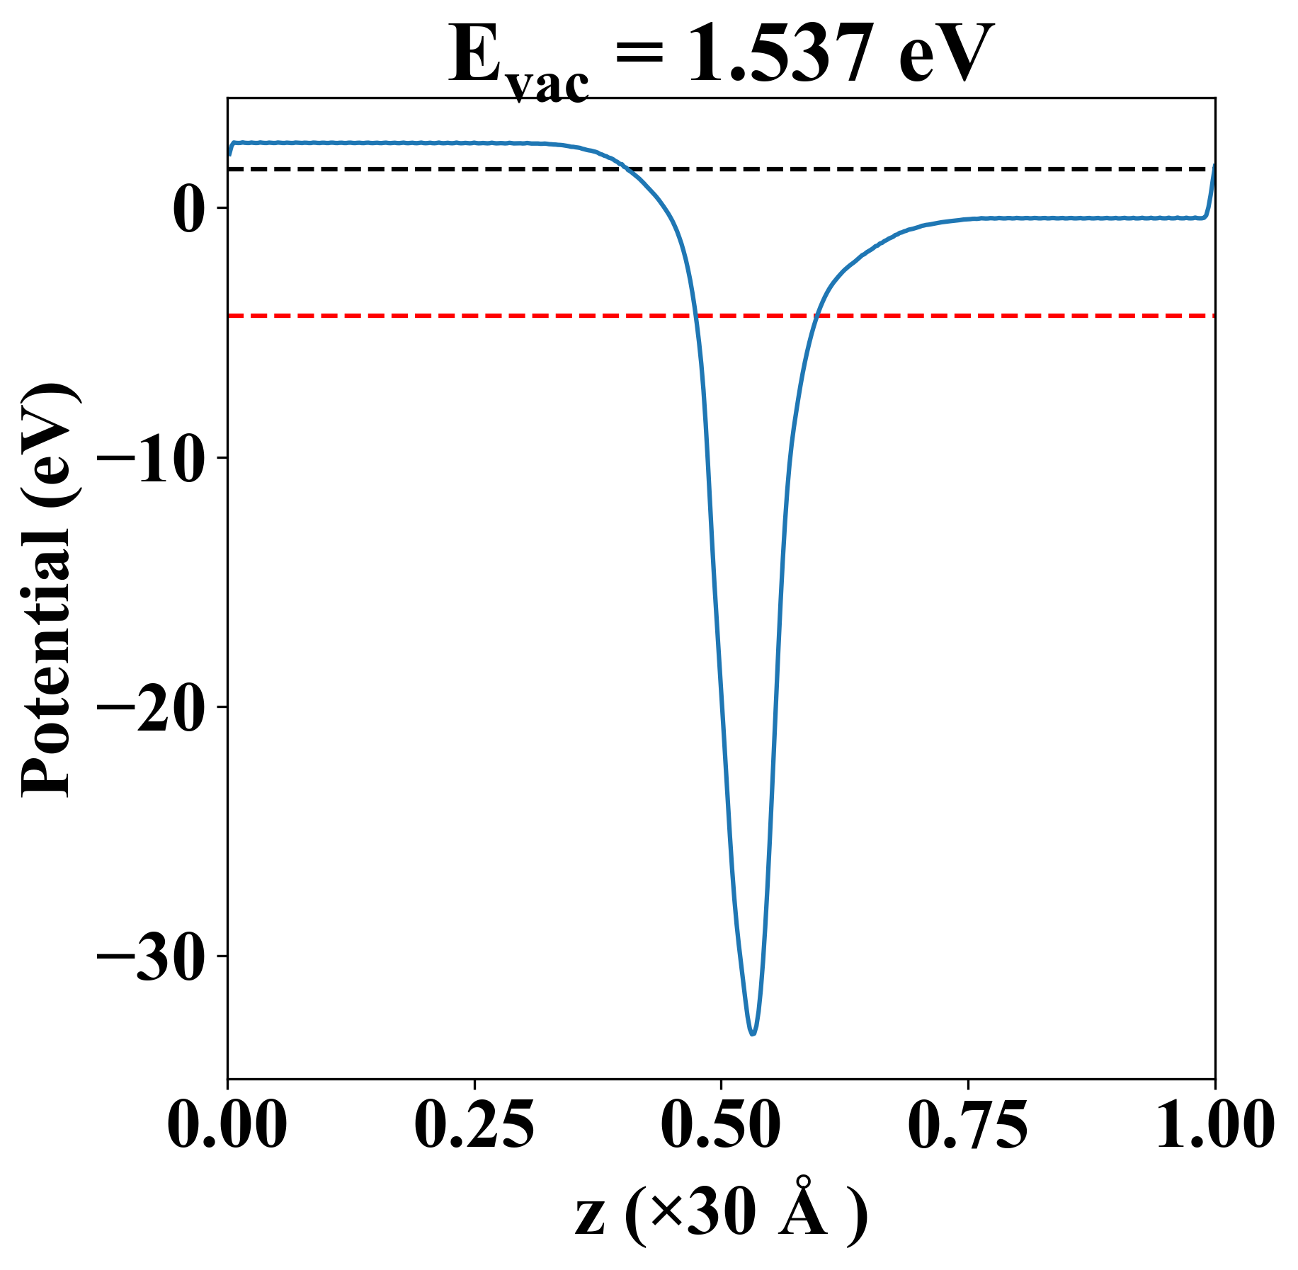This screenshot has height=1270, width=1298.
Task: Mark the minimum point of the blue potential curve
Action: click(x=753, y=1034)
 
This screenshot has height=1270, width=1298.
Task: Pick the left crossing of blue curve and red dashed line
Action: click(x=696, y=316)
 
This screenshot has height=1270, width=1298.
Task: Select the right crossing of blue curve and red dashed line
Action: click(x=816, y=316)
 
